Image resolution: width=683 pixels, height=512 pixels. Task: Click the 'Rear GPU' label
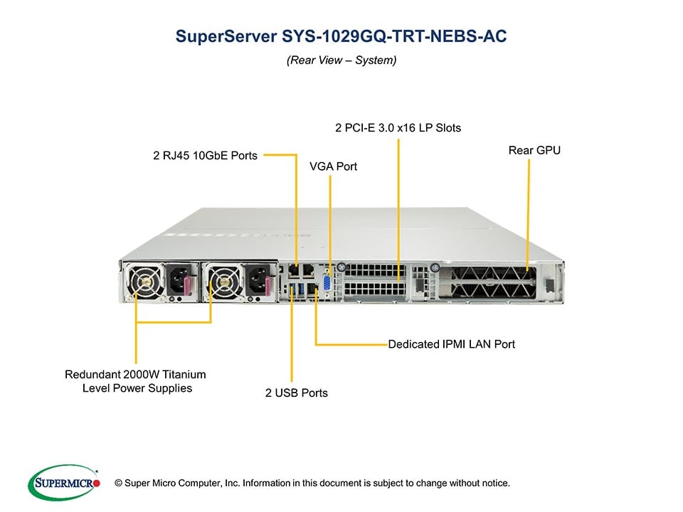pos(534,150)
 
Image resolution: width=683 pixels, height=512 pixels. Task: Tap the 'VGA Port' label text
pos(333,166)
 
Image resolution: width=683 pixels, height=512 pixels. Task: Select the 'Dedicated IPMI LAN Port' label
pos(451,344)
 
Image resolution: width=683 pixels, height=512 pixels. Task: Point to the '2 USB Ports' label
pos(297,393)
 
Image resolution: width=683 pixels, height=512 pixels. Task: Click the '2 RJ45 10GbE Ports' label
pos(206,154)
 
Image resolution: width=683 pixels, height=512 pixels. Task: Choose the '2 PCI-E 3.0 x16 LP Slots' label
pos(398,128)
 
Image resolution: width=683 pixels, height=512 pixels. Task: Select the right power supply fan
pos(222,282)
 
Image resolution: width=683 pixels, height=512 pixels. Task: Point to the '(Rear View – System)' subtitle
pos(341,60)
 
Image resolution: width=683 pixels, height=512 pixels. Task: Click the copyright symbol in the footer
pos(110,484)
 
